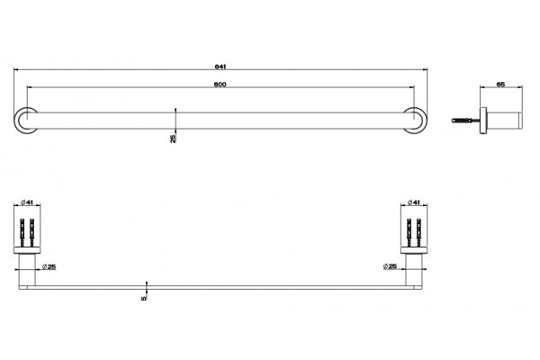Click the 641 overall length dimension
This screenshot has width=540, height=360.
tap(220, 67)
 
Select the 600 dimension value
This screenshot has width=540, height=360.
tap(220, 85)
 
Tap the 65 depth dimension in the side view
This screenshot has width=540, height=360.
tap(501, 84)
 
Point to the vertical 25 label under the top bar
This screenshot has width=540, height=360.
tap(173, 139)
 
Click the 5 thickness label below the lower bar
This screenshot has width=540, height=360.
tap(144, 298)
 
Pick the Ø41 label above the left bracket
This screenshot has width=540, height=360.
tap(27, 202)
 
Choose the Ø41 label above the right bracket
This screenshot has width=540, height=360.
tap(414, 202)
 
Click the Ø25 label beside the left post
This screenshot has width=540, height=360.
tap(49, 266)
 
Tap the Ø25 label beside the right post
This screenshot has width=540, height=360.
tap(390, 266)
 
